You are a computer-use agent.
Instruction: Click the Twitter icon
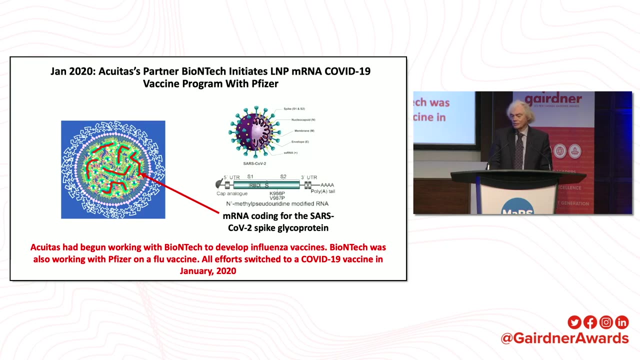tap(574, 322)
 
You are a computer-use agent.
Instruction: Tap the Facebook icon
tap(590, 322)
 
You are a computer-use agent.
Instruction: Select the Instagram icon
tap(606, 322)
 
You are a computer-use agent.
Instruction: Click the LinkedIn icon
tap(621, 322)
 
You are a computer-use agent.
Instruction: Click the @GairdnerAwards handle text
tap(564, 338)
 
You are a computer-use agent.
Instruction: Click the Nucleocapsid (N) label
tap(303, 120)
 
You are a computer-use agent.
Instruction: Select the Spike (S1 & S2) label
tap(294, 108)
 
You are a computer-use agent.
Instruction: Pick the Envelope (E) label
tap(300, 142)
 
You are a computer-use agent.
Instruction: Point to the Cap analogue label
tap(231, 193)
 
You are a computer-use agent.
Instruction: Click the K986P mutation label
tap(277, 193)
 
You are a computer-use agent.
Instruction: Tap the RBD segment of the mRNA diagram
tap(254, 185)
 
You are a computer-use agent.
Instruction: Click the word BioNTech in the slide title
tap(206, 71)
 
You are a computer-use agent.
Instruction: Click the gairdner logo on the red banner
tap(553, 99)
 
